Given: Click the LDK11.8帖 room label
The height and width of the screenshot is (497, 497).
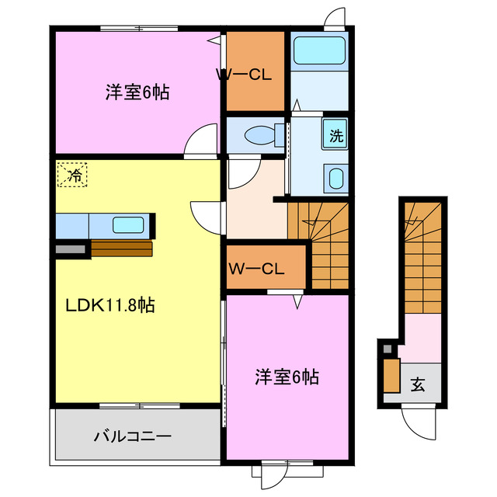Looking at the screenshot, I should coord(109,305).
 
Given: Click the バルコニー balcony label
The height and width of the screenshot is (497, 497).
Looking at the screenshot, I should coord(133,436).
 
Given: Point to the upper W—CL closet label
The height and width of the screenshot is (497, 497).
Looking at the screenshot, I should coord(242,75).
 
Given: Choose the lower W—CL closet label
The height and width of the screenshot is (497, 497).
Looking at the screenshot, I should coord(256,269).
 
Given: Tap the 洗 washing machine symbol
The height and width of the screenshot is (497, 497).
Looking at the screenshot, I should coord(335,135).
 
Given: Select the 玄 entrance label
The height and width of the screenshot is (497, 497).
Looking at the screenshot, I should coord(418,383).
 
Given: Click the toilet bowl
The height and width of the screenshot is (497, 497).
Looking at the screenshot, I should coord(261,135).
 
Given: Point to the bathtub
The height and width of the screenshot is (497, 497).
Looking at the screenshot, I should coord(319,51).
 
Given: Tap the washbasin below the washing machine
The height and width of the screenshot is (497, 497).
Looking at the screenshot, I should coord(336,178).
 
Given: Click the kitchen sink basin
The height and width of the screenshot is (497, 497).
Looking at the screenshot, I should coord(128,225).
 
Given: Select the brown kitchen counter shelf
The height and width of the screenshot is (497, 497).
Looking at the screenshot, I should coord(121,248).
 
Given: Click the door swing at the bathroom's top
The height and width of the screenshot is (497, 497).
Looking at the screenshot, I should coord(336,17).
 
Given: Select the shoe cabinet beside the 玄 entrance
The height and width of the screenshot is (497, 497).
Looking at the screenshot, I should coord(391,374).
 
